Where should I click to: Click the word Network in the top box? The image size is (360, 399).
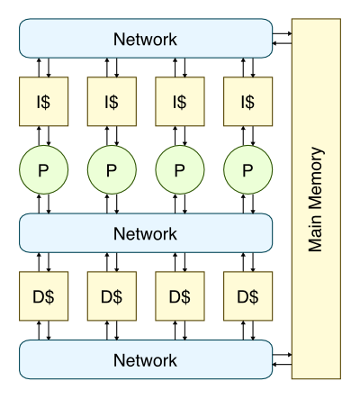[x=145, y=40]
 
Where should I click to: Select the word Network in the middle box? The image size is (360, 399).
[x=145, y=233]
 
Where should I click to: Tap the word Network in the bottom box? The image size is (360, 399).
[x=145, y=360]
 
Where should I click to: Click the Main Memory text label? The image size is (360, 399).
[x=316, y=199]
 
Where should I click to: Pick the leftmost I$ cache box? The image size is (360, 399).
[x=44, y=102]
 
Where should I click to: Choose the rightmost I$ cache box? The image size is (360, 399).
[x=248, y=102]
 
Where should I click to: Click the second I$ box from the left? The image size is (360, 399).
[x=112, y=102]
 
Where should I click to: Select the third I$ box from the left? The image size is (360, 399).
[x=180, y=102]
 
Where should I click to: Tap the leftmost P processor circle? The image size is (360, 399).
[x=44, y=169]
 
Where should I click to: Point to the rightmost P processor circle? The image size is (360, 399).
[x=248, y=169]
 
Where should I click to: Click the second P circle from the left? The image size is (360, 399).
[x=112, y=169]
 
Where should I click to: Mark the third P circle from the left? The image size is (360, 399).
[x=180, y=169]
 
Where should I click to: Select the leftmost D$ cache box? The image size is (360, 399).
[x=44, y=296]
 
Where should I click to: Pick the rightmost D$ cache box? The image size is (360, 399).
[x=248, y=296]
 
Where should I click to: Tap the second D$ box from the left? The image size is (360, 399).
[x=112, y=296]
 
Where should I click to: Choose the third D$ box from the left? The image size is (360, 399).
[x=180, y=296]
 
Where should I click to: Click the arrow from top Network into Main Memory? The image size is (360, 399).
[x=283, y=33]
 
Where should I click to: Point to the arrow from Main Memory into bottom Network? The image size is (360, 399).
[x=283, y=365]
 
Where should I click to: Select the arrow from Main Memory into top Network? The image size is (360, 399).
[x=283, y=43]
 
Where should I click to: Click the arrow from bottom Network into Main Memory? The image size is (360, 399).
[x=283, y=355]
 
